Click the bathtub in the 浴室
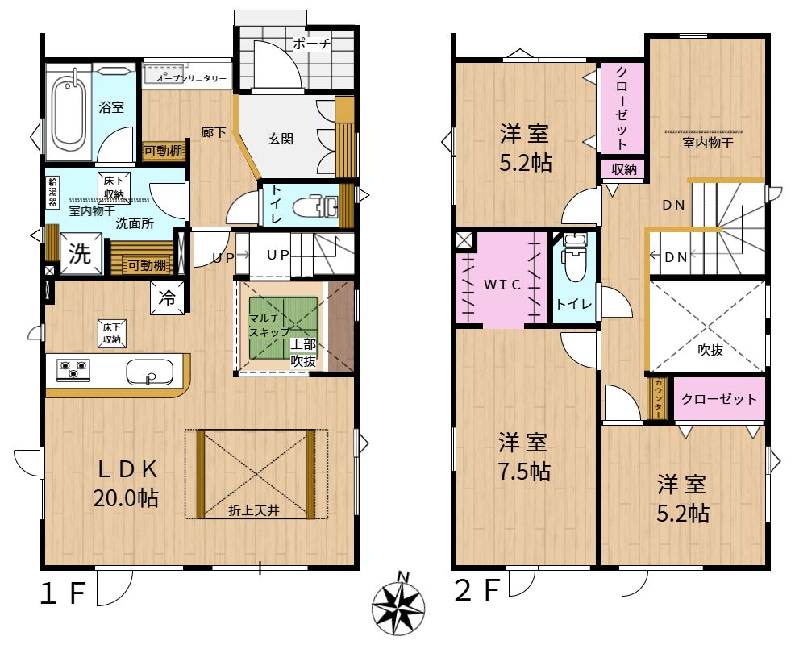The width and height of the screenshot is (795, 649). coord(69,114)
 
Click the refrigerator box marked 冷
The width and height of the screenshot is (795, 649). coord(168,298)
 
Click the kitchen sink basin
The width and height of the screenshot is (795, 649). coord(150,372)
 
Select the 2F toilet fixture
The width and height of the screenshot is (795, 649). coord(574,258)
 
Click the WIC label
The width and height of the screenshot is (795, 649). coord(502,285)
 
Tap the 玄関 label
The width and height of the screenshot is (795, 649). coord(281,139)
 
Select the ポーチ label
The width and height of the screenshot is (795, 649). coord(312,44)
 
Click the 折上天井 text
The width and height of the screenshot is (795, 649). coord(254,510)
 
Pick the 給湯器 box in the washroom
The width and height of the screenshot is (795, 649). coord(52,192)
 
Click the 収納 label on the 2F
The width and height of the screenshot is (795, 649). coord(623,169)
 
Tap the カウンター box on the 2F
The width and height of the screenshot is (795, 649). coord(658,398)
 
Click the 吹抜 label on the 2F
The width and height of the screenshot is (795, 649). coord(710,350)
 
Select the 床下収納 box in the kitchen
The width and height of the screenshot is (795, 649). coord(112,334)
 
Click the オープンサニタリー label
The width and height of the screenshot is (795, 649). coord(192,78)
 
